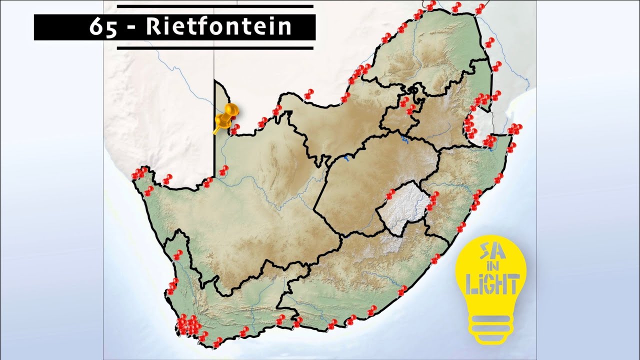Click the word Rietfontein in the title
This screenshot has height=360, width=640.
[218, 27]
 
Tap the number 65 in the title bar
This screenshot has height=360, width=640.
[103, 27]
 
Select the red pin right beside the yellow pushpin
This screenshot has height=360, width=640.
[234, 129]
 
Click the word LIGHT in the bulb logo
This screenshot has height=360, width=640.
[491, 285]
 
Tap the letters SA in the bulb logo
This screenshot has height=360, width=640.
[489, 250]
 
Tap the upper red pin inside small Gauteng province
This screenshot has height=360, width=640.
[404, 102]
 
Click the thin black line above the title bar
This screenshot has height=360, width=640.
[215, 7]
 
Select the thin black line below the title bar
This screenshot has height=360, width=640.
[215, 48]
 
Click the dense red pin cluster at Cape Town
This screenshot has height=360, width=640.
[188, 325]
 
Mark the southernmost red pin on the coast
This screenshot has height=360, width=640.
[217, 343]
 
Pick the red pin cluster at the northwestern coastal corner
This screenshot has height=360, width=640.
[139, 173]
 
